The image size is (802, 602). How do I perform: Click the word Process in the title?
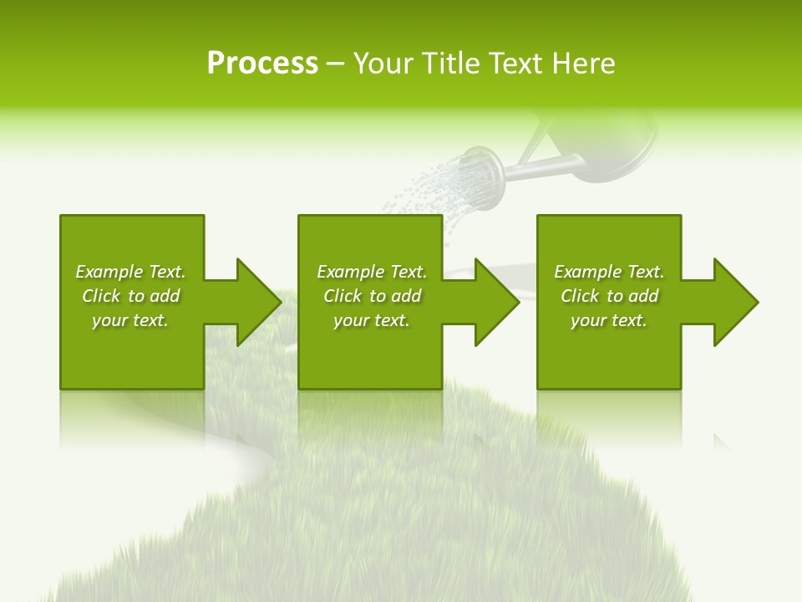click(262, 64)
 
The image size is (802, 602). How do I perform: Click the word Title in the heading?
click(448, 64)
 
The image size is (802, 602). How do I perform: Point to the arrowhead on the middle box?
click(495, 302)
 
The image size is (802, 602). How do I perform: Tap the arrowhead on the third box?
click(734, 302)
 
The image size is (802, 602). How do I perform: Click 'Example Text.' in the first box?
click(130, 272)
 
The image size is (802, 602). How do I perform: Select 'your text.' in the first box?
click(130, 320)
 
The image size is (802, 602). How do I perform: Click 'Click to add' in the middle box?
click(372, 296)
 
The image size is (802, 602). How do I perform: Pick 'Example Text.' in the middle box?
click(372, 272)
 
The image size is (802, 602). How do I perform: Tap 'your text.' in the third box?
click(609, 320)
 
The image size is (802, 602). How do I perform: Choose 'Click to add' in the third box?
click(609, 296)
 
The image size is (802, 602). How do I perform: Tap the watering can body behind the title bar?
click(618, 146)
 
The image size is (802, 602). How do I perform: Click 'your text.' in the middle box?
click(372, 320)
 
